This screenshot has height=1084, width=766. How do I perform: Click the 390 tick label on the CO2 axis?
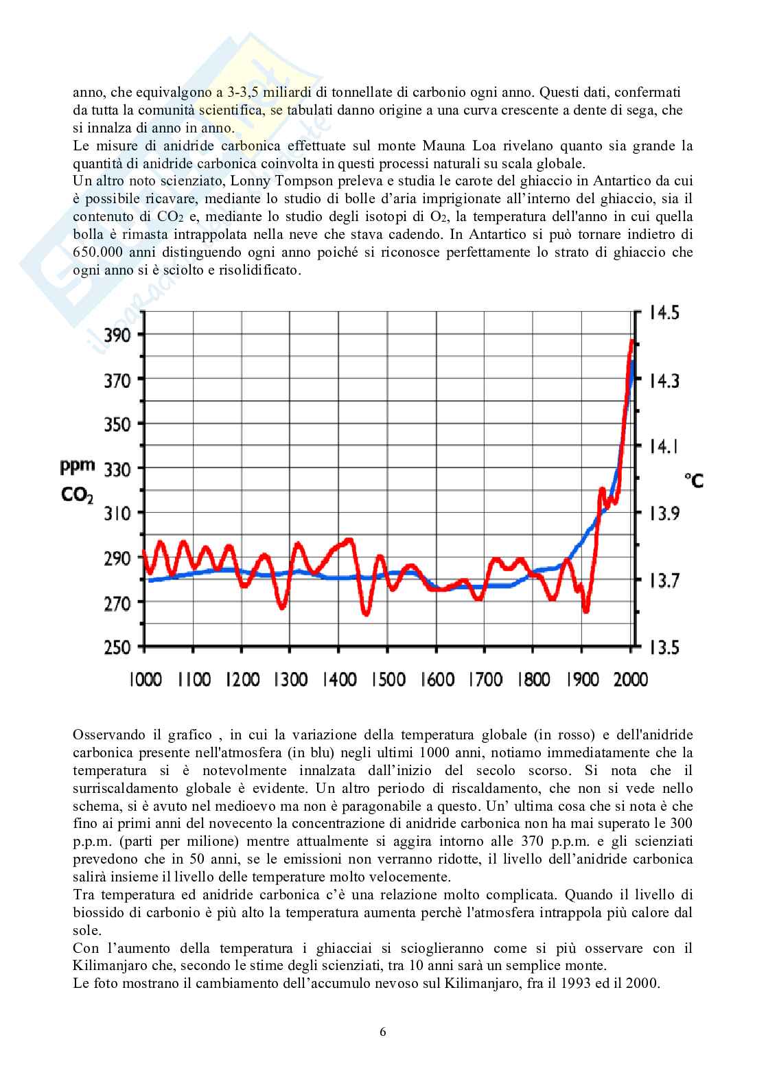(117, 336)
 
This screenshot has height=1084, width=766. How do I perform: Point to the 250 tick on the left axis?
(117, 647)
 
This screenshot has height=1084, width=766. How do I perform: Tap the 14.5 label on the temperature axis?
(664, 313)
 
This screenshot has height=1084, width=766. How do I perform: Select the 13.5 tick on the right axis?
(664, 647)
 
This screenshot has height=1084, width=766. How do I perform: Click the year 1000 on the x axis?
(145, 680)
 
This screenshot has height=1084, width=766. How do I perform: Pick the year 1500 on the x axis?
(388, 680)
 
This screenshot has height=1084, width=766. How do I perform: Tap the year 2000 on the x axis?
(630, 680)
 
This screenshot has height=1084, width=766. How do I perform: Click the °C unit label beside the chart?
(693, 480)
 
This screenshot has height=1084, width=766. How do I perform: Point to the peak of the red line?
(631, 341)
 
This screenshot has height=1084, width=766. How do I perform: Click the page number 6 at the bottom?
(383, 1031)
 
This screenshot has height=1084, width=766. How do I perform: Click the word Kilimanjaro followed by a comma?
(106, 965)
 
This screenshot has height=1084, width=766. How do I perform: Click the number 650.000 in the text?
(100, 252)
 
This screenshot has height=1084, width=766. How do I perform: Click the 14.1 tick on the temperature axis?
(664, 446)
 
